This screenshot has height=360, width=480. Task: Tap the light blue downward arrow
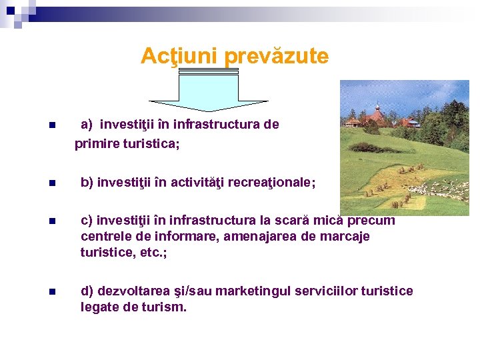(x=208, y=90)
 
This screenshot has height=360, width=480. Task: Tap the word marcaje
(x=341, y=236)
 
